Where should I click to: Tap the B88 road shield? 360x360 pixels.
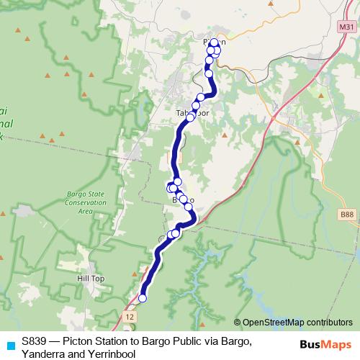tap(346, 214)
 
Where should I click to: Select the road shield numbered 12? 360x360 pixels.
tap(129, 317)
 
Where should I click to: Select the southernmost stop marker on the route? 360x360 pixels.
tap(143, 297)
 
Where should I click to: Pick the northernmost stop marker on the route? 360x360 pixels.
tap(213, 42)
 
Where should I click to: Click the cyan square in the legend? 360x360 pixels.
tap(10, 345)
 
